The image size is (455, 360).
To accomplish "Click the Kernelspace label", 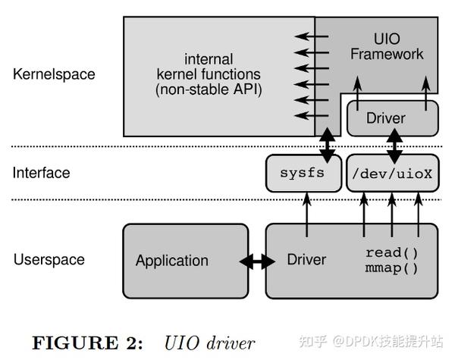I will tap(54, 74).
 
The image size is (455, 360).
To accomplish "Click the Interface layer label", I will tap(41, 173).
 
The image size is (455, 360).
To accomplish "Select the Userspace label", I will tap(49, 260).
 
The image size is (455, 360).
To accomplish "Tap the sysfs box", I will tap(302, 173).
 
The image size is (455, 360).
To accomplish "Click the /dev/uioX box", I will tap(392, 173).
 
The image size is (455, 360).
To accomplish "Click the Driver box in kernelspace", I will tap(385, 118).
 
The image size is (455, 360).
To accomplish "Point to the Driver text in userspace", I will tap(306, 260).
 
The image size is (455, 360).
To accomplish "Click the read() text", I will tap(392, 252).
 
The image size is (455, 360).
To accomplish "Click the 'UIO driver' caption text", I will tap(209, 343).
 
